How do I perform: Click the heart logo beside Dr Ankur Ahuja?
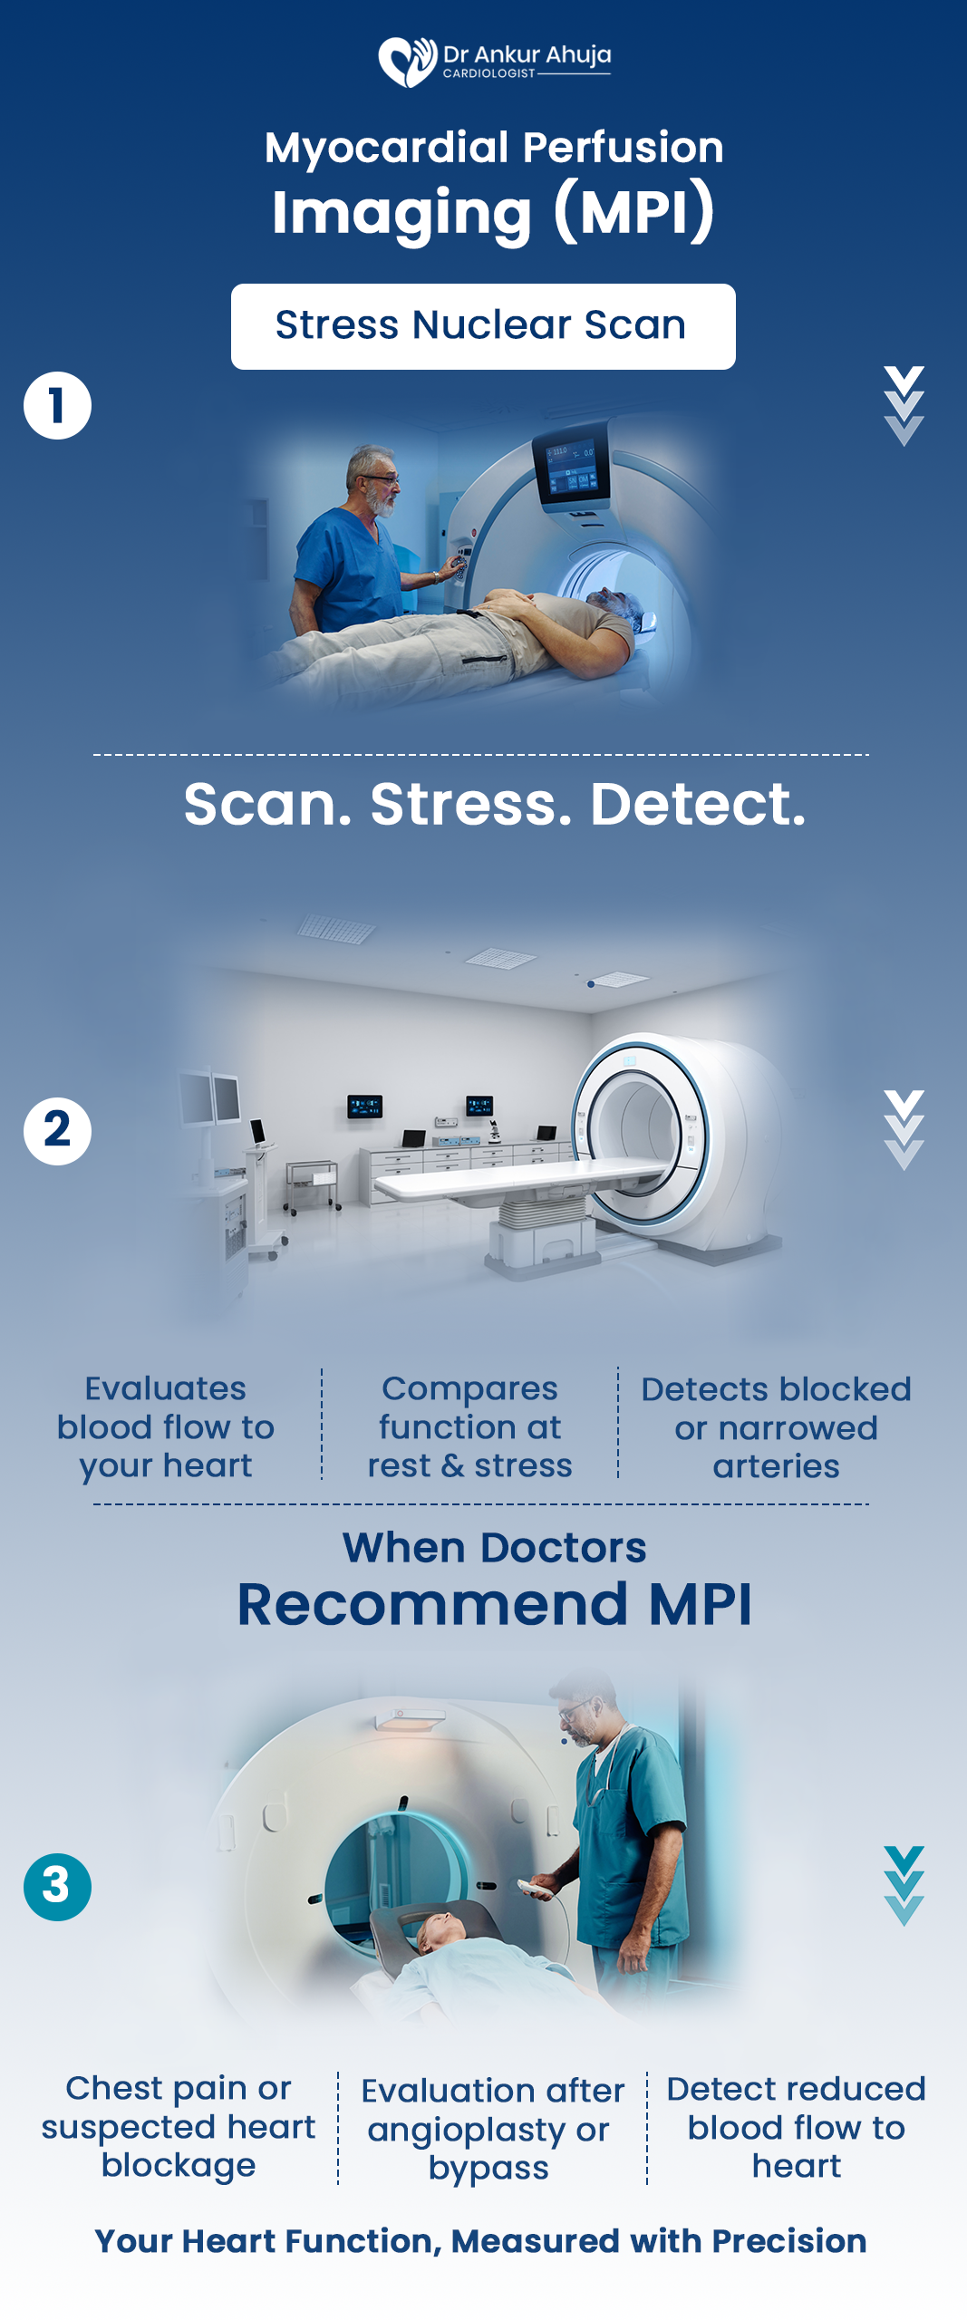point(407,62)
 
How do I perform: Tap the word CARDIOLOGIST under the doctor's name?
point(489,73)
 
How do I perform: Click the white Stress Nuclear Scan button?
point(483,326)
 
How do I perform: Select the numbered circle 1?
point(57,405)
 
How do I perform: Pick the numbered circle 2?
point(57,1131)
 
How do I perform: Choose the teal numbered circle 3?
point(57,1887)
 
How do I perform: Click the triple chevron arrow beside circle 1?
point(904,406)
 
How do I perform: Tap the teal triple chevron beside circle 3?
point(904,1886)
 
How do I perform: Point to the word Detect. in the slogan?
point(698,804)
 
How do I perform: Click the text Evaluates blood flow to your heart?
point(166,1426)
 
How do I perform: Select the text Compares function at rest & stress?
point(469,1426)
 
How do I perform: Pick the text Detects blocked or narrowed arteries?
point(776,1427)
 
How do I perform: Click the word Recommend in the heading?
point(433,1604)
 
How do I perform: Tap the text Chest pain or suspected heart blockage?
point(179,2126)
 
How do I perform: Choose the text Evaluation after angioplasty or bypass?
point(492,2129)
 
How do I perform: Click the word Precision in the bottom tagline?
point(788,2240)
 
